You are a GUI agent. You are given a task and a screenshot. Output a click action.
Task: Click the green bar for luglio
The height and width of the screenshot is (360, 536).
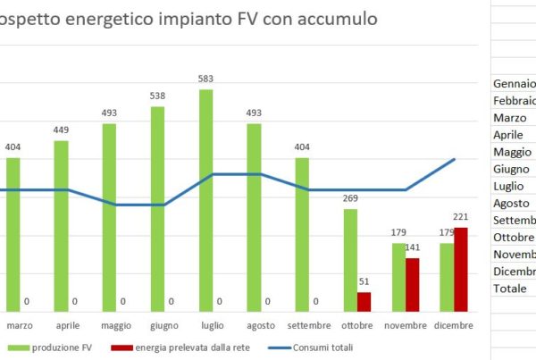pyautogui.click(x=205, y=200)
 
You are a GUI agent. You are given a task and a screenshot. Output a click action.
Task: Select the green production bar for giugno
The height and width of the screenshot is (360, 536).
pyautogui.click(x=157, y=209)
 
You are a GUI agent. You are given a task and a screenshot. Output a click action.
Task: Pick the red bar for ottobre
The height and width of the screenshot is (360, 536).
pyautogui.click(x=364, y=302)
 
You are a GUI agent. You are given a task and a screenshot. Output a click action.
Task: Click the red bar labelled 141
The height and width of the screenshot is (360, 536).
pyautogui.click(x=413, y=285)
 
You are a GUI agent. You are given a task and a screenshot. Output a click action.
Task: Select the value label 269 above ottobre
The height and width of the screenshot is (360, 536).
pyautogui.click(x=350, y=199)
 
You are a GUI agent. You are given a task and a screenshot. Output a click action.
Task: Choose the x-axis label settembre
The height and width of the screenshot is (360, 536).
pyautogui.click(x=309, y=325)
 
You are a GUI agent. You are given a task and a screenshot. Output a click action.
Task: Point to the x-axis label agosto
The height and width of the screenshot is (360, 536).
pyautogui.click(x=260, y=325)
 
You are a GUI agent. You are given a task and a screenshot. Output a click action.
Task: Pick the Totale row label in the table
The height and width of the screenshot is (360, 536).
pyautogui.click(x=509, y=289)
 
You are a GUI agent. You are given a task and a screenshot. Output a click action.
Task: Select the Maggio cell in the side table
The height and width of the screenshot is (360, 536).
pyautogui.click(x=511, y=152)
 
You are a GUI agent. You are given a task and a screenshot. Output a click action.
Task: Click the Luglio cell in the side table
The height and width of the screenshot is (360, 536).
pyautogui.click(x=510, y=186)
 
